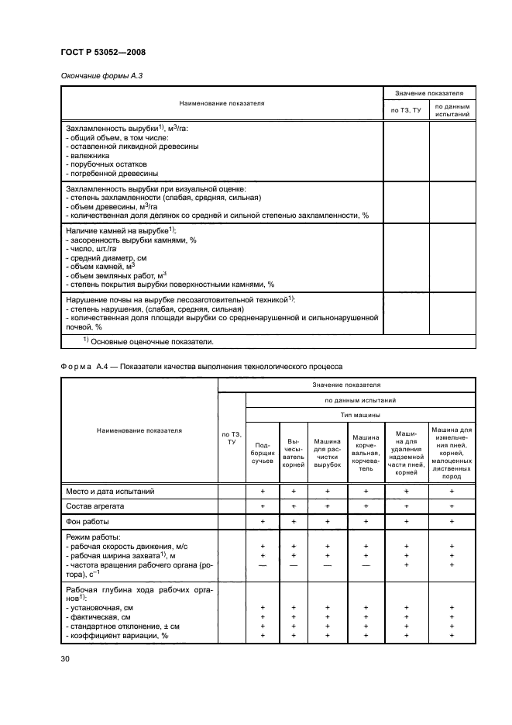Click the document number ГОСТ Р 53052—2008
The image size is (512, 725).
point(102,52)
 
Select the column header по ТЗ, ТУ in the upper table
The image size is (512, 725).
point(405,111)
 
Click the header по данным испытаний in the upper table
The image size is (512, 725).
point(452,111)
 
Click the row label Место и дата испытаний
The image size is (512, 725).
point(110,491)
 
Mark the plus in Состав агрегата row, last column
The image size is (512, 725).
point(452,506)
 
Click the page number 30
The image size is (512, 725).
point(65,659)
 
